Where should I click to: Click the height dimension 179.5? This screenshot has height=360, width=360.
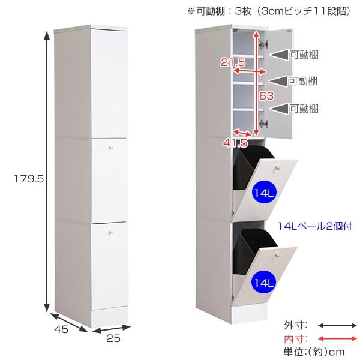click(22, 178)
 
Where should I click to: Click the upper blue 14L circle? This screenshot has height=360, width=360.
click(260, 193)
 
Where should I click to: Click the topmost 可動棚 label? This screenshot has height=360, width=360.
click(304, 55)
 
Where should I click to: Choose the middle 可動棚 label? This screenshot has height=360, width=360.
click(304, 80)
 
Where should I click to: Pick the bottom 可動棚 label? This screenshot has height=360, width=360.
click(304, 109)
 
